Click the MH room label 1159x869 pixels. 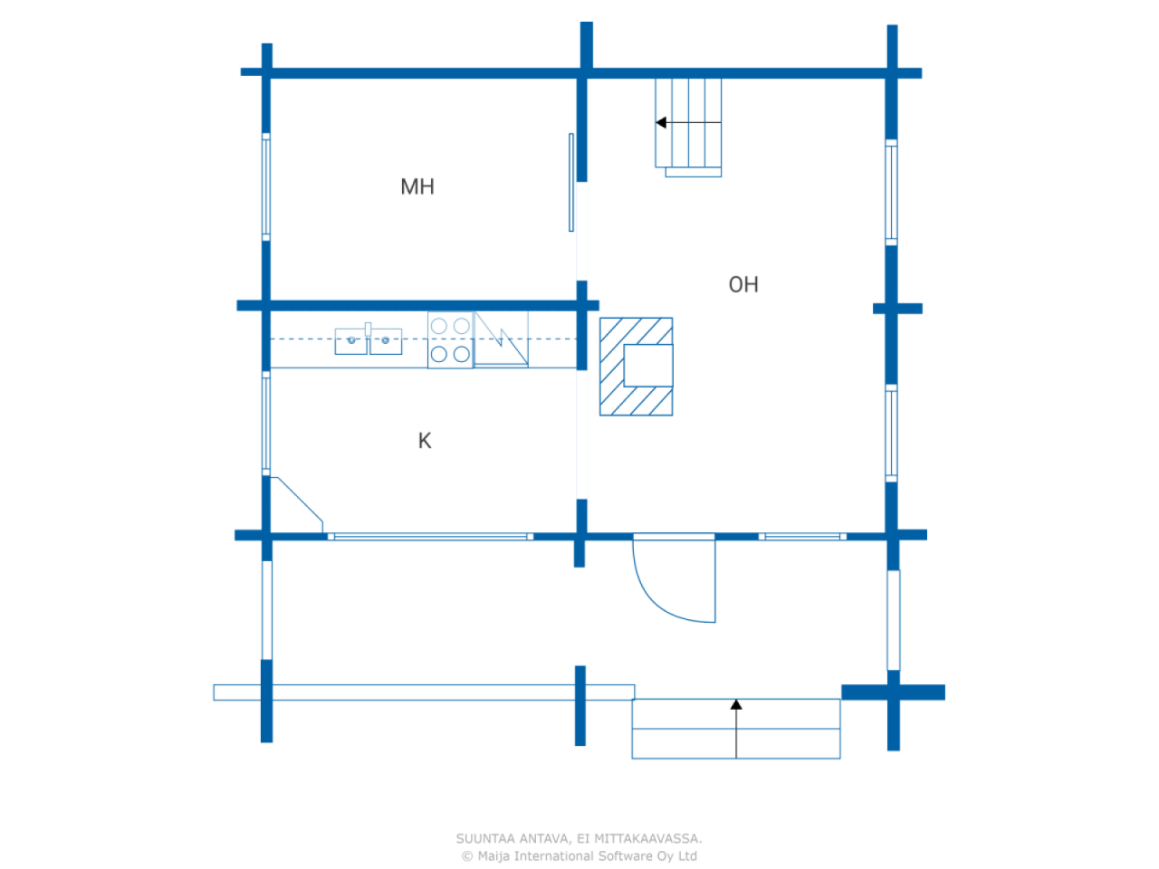417,186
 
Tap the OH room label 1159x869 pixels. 743,284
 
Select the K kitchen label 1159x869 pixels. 425,441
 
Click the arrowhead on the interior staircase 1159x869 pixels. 662,122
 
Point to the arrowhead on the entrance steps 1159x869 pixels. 736,704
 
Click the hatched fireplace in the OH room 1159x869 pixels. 636,367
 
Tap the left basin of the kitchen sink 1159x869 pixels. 351,341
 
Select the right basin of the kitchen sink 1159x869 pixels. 386,341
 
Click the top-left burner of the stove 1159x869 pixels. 439,326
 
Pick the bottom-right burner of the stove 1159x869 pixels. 461,354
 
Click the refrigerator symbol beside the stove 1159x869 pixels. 501,339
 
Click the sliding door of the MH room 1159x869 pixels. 571,182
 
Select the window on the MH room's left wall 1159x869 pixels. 266,186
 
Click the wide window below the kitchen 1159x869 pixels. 430,537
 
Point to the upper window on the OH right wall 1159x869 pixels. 891,192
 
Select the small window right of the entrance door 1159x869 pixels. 802,537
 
